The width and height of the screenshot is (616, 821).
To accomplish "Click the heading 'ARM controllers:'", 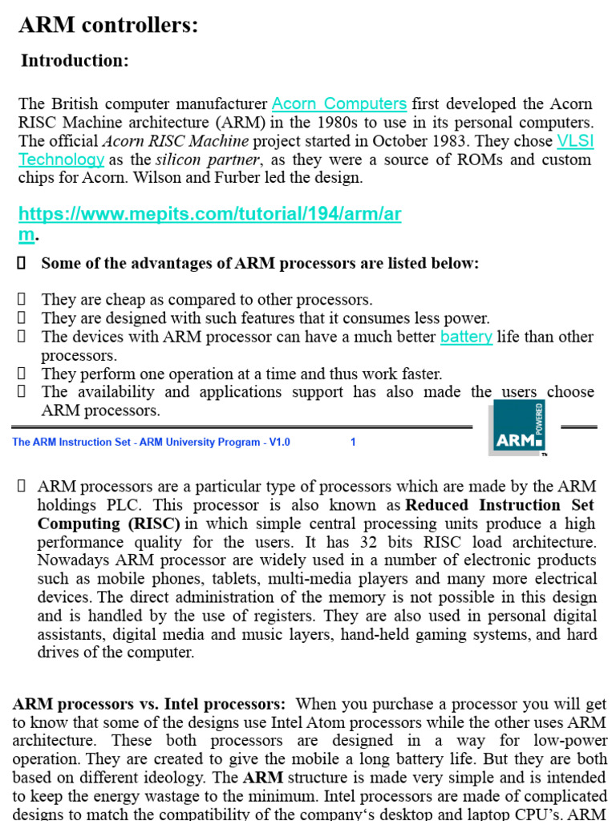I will click(x=108, y=26).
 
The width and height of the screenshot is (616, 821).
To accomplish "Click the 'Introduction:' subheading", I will click(x=75, y=61).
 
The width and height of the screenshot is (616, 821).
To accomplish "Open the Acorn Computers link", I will click(x=339, y=103).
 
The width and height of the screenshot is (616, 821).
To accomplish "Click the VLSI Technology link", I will click(x=575, y=140).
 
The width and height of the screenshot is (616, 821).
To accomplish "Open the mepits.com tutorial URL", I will click(x=210, y=214).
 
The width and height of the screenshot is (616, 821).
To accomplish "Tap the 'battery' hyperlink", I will click(x=466, y=337).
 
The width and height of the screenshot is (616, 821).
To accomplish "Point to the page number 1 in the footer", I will click(x=353, y=442).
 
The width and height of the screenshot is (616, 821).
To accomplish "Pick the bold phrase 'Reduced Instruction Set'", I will click(x=500, y=505).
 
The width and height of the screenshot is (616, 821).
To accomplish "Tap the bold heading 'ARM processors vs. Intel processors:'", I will click(x=149, y=704).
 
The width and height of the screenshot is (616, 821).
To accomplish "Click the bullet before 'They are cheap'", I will click(x=22, y=300).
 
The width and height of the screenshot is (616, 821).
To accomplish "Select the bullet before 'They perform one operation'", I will click(x=22, y=374).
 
